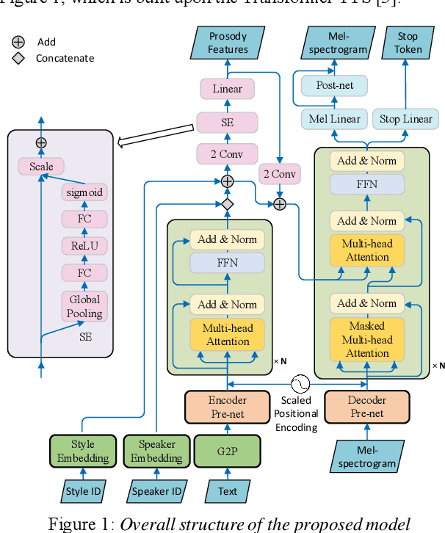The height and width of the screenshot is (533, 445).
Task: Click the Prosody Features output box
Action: click(228, 43)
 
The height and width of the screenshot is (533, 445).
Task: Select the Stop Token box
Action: click(407, 43)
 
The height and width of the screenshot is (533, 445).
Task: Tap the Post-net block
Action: click(335, 85)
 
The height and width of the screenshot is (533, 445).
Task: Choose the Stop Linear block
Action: click(406, 119)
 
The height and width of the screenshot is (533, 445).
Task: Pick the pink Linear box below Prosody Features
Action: click(228, 89)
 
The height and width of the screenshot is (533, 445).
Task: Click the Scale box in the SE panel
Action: click(41, 167)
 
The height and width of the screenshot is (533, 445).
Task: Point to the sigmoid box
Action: click(83, 193)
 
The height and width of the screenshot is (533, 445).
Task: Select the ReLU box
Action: click(83, 245)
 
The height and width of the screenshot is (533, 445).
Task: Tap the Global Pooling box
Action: click(83, 305)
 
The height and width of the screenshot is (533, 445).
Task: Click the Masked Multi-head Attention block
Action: click(367, 340)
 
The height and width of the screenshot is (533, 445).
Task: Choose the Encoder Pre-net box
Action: click(228, 407)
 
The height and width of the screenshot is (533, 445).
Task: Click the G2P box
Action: click(227, 452)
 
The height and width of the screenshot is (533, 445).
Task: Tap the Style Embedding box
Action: click(83, 452)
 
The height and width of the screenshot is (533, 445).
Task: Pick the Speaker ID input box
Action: click(155, 490)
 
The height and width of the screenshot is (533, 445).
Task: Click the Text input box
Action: click(228, 490)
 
